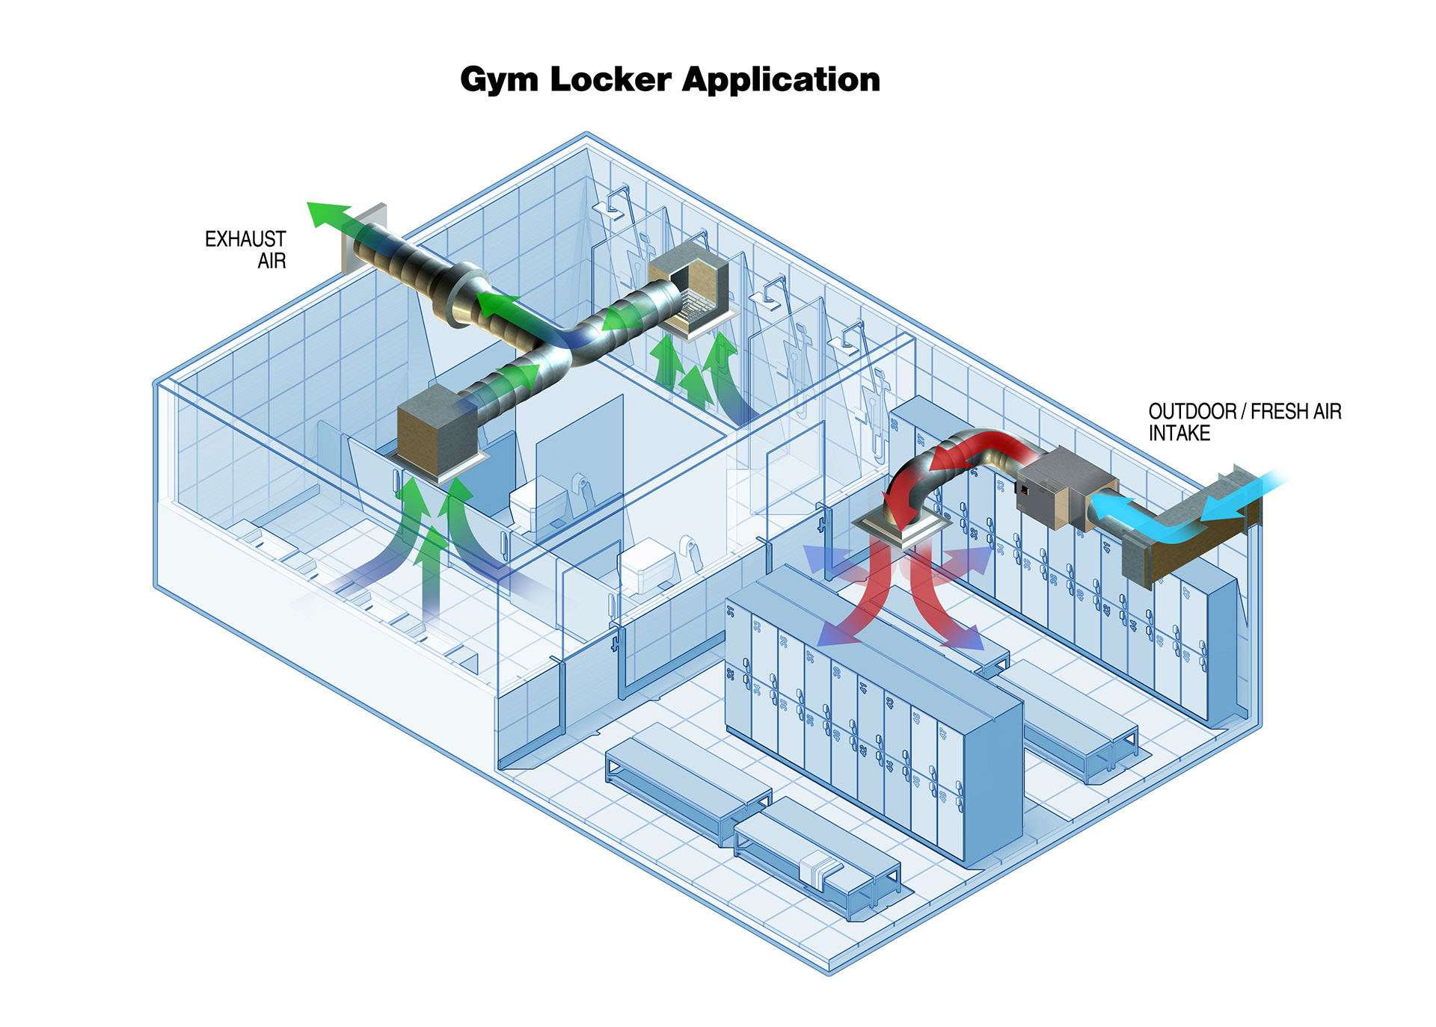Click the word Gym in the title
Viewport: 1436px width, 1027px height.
[498, 80]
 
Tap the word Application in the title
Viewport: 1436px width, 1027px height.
[781, 80]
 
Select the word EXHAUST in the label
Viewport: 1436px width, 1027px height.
[245, 239]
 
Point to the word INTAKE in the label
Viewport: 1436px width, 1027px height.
[1179, 434]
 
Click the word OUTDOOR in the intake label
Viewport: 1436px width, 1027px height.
[1192, 411]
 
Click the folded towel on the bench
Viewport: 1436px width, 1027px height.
[820, 870]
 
